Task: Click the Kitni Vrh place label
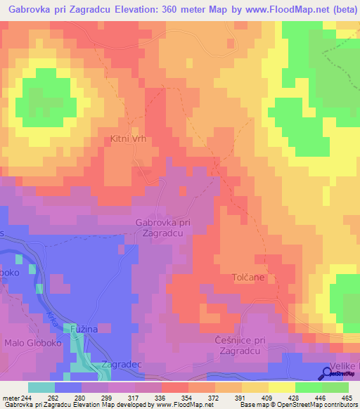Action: [128, 139]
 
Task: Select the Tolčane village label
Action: [248, 278]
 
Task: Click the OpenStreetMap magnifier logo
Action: [328, 372]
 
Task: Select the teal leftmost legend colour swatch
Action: [41, 387]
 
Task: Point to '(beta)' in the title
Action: [340, 10]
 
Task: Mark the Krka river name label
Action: [53, 303]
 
